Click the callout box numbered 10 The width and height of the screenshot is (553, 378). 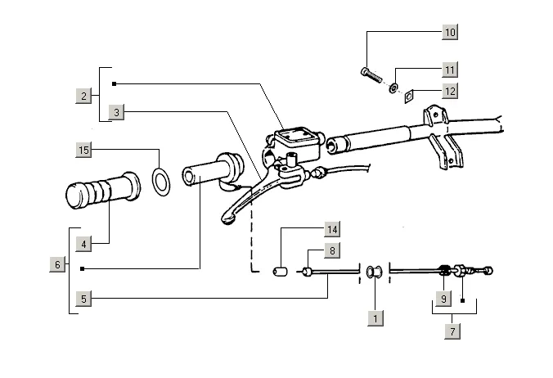tap(450, 33)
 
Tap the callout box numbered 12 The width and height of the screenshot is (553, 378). tap(450, 91)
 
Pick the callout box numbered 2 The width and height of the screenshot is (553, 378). tap(83, 97)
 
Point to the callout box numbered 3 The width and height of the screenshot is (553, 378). tap(116, 112)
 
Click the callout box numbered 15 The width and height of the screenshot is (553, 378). tap(83, 150)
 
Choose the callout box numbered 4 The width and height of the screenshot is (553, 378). tap(83, 244)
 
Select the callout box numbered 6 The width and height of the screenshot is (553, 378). tap(57, 264)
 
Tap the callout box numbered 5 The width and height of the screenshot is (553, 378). tap(83, 299)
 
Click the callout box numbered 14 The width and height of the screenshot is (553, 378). tap(331, 228)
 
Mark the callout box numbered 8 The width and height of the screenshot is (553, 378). tap(331, 251)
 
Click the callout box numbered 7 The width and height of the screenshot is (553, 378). tap(452, 331)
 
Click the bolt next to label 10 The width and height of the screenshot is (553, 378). tap(371, 74)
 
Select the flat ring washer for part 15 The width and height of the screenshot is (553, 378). tap(162, 179)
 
